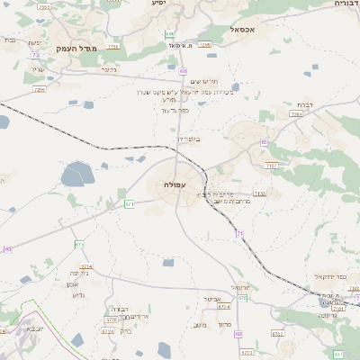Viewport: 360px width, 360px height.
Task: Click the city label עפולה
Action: (176, 184)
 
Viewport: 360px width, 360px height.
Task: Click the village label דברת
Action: (305, 105)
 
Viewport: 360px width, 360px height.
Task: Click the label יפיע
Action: (158, 4)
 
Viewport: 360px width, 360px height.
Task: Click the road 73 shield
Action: (35, 55)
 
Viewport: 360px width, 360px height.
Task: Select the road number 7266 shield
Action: (204, 43)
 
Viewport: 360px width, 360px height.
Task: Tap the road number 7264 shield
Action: (296, 114)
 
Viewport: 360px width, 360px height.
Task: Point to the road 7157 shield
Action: (271, 166)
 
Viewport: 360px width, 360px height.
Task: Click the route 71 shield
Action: (240, 234)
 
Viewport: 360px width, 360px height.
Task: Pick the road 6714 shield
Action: (86, 266)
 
